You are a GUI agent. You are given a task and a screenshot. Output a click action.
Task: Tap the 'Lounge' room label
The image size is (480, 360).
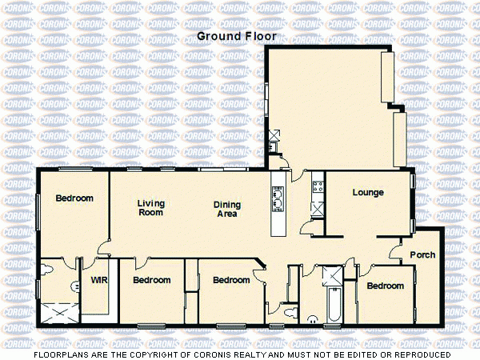click(368, 193)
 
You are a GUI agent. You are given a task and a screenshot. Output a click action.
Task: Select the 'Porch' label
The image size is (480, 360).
click(422, 256)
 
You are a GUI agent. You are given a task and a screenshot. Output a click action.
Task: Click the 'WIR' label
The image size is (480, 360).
click(98, 281)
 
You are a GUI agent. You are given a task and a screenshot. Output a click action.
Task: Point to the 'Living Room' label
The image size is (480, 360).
click(150, 208)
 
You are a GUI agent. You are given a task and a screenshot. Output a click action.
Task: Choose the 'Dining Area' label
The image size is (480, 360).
click(227, 210)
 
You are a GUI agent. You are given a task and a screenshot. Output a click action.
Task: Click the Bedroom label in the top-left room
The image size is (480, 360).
click(74, 198)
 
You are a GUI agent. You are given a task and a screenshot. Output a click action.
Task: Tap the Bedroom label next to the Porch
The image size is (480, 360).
click(386, 286)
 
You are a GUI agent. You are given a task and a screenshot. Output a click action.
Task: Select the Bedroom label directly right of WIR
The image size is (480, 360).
click(152, 281)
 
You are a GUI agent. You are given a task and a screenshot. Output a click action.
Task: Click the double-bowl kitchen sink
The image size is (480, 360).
click(278, 197)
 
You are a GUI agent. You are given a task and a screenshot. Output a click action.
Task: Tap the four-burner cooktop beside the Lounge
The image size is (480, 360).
click(316, 189)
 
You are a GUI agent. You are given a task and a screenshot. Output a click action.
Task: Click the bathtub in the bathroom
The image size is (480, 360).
click(334, 305)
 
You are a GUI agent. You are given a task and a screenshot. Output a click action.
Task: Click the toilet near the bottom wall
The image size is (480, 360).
click(276, 310)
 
